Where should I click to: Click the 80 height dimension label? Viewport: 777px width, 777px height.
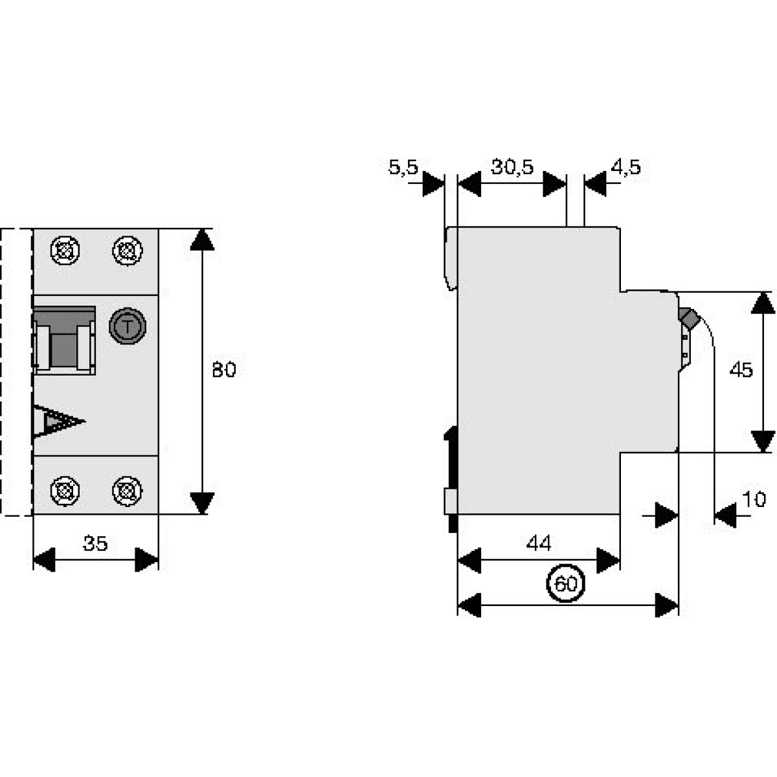224,370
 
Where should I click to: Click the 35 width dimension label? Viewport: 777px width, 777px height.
95,543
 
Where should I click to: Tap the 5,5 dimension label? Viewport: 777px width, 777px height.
402,168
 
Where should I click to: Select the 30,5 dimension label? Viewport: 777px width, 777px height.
512,167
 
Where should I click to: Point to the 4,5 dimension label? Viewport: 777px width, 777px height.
625,168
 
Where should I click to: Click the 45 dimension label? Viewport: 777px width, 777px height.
741,370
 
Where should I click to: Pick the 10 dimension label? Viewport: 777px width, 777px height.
754,499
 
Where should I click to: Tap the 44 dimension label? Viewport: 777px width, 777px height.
539,543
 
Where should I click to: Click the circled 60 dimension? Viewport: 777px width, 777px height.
566,584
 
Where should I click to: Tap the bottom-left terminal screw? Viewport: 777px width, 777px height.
65,490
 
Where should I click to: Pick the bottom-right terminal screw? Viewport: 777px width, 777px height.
127,490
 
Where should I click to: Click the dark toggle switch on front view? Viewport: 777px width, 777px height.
64,339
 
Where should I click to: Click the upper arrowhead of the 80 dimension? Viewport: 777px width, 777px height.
203,240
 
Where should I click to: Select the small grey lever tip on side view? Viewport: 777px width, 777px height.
688,318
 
